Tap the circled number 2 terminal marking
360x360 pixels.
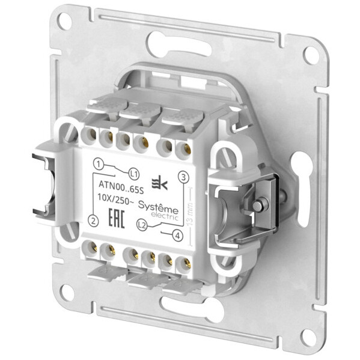(93, 221)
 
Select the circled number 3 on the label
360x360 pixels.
(184, 176)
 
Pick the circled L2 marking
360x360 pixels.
(142, 225)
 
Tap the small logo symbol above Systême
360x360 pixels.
(160, 183)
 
